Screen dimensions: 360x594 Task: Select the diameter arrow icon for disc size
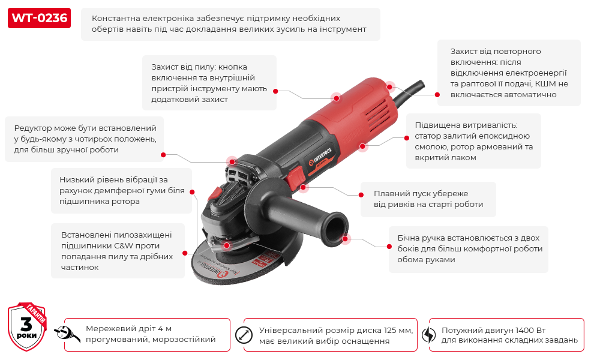(x=244, y=335)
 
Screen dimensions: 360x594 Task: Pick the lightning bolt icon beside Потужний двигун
(x=428, y=335)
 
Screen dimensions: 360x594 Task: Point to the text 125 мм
(x=398, y=330)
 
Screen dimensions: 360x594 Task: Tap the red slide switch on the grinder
(x=296, y=176)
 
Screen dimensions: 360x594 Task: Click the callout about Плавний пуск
(x=428, y=199)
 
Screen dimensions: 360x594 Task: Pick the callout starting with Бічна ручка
(x=467, y=248)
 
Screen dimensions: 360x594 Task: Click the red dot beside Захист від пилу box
(x=275, y=91)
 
